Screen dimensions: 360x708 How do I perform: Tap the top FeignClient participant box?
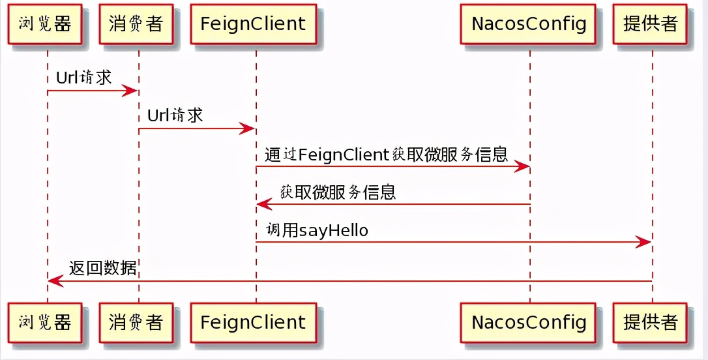pos(253,24)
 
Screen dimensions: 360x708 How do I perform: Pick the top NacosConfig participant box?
pos(529,24)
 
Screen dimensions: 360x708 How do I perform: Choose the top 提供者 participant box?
pos(651,24)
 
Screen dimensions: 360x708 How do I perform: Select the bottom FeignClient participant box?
pos(253,322)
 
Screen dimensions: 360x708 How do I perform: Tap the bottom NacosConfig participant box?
pos(529,322)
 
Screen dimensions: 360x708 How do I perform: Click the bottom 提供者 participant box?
pos(651,322)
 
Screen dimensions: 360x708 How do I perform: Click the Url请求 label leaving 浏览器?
pos(84,78)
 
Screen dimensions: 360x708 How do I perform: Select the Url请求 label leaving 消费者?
pos(175,115)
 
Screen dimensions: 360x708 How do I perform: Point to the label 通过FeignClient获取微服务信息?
pos(386,154)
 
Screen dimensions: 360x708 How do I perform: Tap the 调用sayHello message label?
pos(317,230)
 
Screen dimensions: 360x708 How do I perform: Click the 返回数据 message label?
pos(103,268)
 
